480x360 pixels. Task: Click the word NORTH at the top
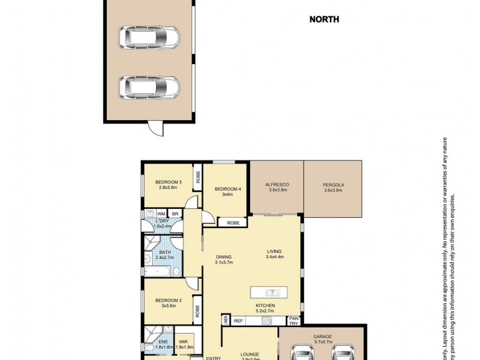click(x=324, y=19)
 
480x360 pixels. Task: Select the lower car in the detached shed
click(x=149, y=88)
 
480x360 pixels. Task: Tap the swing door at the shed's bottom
click(x=155, y=128)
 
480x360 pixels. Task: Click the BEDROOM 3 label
click(x=168, y=182)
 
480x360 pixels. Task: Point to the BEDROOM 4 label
click(x=228, y=190)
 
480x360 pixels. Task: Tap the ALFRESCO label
click(x=277, y=185)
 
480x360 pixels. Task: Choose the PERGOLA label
click(x=333, y=185)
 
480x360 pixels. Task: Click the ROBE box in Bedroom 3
click(x=197, y=177)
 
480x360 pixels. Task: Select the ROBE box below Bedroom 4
click(x=233, y=223)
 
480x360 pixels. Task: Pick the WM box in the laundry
click(x=161, y=214)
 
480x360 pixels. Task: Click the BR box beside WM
click(x=175, y=214)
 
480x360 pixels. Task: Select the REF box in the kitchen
click(x=238, y=321)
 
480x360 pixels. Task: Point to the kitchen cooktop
click(x=265, y=321)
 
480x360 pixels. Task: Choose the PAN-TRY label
click(x=293, y=321)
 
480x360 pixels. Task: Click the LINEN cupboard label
click(x=226, y=320)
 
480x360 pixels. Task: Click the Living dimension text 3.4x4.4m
click(x=274, y=257)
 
